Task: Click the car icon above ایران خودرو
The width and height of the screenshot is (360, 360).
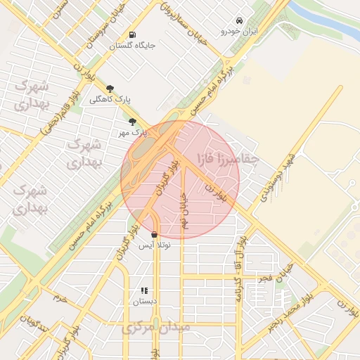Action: [240, 20]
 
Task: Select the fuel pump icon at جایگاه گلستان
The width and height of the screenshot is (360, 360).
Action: [132, 35]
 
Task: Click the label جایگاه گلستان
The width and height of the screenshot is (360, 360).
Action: [132, 46]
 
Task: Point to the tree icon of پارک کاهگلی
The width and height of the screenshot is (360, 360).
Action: [110, 89]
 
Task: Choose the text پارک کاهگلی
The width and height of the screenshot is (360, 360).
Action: [107, 99]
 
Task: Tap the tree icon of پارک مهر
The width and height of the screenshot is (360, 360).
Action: [132, 122]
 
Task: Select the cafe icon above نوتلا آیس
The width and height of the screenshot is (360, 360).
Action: [154, 235]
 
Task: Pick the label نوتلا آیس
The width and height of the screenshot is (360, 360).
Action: [154, 245]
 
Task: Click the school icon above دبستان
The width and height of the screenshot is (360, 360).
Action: [144, 290]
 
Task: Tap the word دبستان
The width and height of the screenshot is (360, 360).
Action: [144, 301]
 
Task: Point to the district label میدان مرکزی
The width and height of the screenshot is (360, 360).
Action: [155, 328]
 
